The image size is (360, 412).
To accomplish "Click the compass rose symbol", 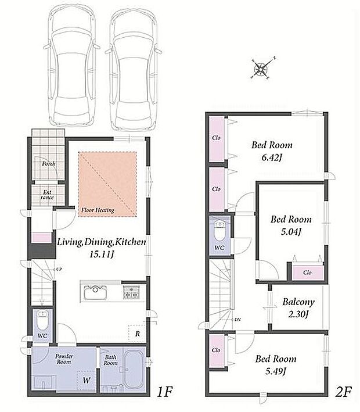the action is point(261,69).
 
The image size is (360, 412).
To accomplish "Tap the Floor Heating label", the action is point(98,210).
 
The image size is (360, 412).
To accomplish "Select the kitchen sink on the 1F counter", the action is point(95,292).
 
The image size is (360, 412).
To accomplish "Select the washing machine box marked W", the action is point(86,380).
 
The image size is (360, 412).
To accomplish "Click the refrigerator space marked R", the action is point(137,334).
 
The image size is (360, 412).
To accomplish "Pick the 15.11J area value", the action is point(102,255).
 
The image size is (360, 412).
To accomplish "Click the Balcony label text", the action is point(298,302).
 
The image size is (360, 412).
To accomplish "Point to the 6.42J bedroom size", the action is point(272,157).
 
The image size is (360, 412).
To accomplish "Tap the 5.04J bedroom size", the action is point(291,232).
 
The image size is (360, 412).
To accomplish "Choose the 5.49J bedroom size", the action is point(275,371).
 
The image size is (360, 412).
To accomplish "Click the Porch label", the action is point(49,164).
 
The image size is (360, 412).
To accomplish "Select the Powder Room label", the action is point(64,359).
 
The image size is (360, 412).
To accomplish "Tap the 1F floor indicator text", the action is point(164,392).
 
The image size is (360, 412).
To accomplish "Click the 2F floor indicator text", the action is point(344,392).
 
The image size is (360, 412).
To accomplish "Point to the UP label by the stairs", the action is point(59,269).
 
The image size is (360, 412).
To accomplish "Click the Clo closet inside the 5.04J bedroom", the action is point(308,272).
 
